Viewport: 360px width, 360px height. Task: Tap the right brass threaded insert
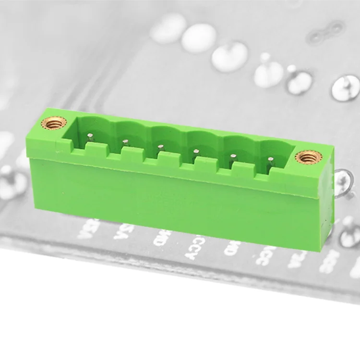[305, 156]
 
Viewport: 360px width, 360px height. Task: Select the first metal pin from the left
[89, 136]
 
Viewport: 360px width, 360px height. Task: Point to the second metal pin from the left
[125, 141]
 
